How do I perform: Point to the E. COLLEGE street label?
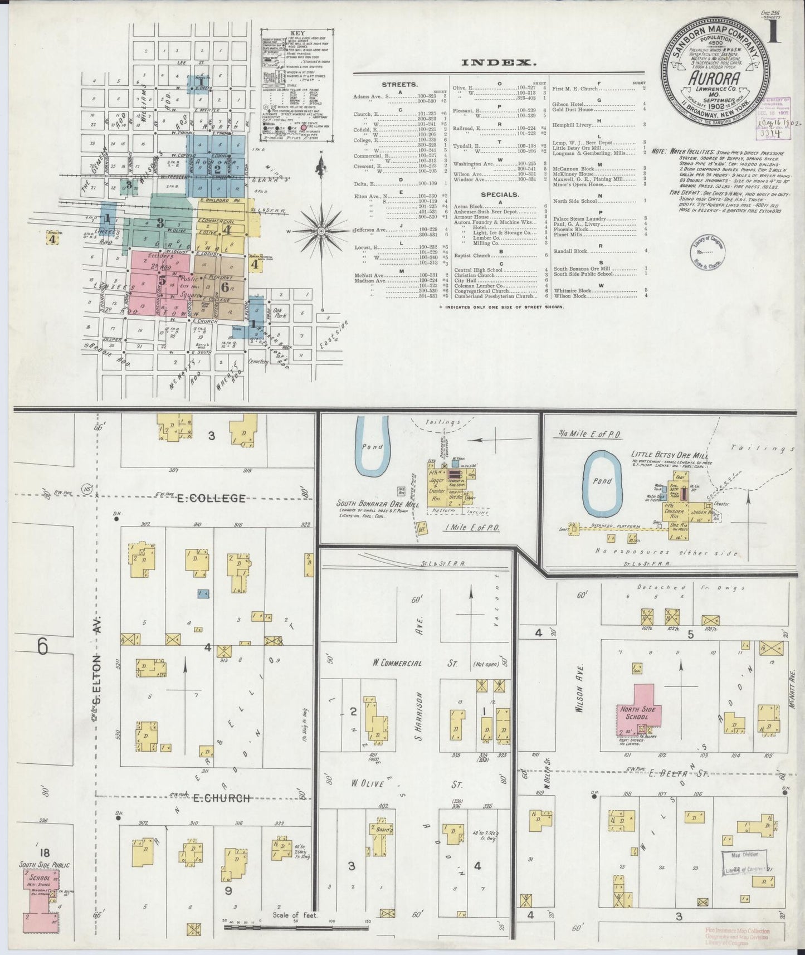tap(211, 498)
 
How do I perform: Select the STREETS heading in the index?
tap(399, 85)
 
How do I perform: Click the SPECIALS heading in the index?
tap(497, 195)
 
